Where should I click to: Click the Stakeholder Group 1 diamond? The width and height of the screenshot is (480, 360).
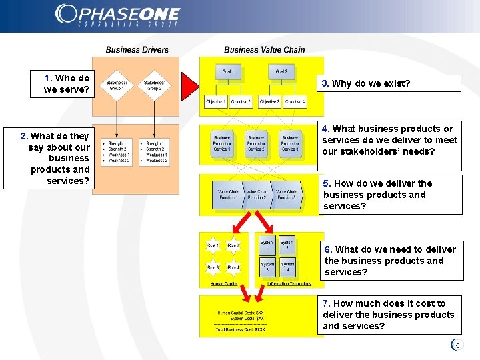click(116, 85)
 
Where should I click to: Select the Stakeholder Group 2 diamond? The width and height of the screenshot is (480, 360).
click(154, 85)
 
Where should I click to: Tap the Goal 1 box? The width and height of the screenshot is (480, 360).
click(228, 71)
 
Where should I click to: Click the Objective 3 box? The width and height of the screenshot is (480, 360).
click(269, 102)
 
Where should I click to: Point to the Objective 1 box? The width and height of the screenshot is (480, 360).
click(216, 102)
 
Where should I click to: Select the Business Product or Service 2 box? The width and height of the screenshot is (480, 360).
click(256, 143)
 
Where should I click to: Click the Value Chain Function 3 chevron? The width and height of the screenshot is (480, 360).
click(287, 194)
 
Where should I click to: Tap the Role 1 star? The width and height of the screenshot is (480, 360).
click(213, 245)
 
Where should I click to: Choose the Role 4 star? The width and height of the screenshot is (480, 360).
click(233, 267)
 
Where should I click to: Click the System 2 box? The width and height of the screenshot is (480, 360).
click(286, 246)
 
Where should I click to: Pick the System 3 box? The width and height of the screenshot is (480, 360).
click(267, 267)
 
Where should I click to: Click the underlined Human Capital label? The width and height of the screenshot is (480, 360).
click(224, 284)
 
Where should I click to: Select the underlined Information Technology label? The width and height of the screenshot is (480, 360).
click(289, 284)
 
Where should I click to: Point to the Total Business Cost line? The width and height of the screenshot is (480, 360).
click(240, 329)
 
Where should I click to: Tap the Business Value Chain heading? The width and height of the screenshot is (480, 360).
click(264, 50)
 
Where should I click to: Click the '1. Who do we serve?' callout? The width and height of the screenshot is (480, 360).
click(61, 84)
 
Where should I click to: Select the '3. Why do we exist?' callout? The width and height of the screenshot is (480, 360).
click(389, 83)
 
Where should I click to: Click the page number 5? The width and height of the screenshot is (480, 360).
click(457, 345)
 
